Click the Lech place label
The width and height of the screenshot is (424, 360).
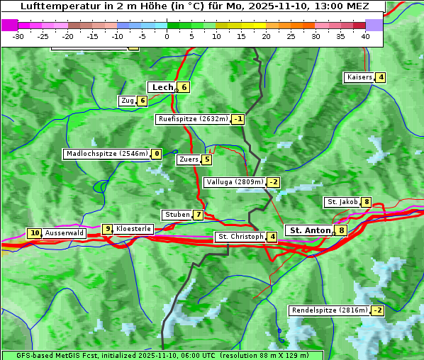tap(162, 87)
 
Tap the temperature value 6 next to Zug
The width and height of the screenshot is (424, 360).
tap(142, 101)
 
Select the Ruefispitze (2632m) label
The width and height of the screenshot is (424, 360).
tap(193, 119)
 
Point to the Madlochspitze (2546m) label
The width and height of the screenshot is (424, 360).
tap(106, 154)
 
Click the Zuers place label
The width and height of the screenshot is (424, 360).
tap(188, 159)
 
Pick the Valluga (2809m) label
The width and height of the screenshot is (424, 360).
tap(235, 182)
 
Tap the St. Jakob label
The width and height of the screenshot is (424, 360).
tap(342, 202)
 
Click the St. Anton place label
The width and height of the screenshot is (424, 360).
tap(311, 230)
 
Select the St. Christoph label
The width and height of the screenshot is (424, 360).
tap(240, 237)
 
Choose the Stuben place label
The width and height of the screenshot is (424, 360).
tap(177, 215)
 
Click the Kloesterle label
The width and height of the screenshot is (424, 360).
tap(133, 229)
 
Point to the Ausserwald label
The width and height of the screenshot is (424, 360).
tap(65, 233)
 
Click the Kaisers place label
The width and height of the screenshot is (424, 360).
tap(359, 77)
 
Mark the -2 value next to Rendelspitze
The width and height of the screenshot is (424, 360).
tap(377, 310)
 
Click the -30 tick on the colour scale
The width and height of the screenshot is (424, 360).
tap(18, 36)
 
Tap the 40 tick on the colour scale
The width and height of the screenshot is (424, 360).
tap(365, 36)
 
